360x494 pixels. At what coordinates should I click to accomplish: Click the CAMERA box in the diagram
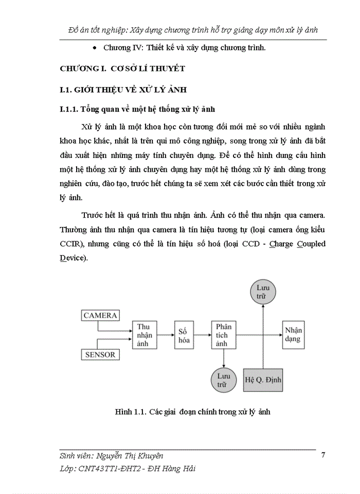pos(101,315)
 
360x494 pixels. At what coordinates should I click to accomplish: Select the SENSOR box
pos(100,354)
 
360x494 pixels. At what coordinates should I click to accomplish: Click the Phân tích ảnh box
pos(223,334)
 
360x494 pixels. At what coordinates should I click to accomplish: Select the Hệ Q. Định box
pos(263,381)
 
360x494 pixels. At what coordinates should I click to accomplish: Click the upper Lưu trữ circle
pos(263,292)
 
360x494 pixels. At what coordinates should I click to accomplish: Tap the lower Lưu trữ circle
pos(223,380)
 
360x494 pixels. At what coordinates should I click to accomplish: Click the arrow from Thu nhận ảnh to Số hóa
pos(166,334)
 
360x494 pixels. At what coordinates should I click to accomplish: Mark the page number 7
pos(322,454)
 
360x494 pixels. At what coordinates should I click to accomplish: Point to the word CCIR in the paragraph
pos(71,243)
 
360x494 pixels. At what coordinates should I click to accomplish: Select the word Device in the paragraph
pos(72,258)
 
